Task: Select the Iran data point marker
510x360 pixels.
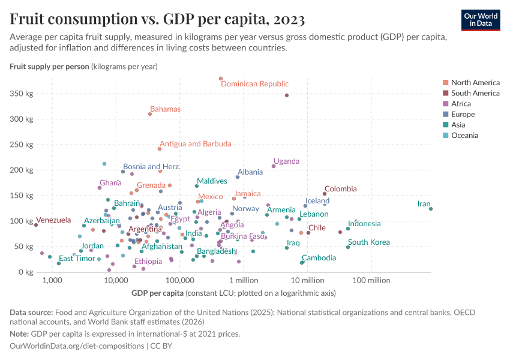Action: tap(431, 209)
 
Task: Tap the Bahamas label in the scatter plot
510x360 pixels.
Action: tap(165, 109)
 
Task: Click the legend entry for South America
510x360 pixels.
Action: tap(475, 93)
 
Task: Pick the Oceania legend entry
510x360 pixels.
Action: tap(464, 136)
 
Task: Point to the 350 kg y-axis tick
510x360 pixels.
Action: tap(21, 94)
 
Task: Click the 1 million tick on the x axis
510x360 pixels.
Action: tap(243, 280)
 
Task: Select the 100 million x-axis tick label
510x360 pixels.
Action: tap(371, 280)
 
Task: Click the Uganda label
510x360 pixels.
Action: tap(286, 161)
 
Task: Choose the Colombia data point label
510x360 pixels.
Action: tap(340, 189)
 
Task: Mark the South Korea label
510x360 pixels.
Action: tap(368, 242)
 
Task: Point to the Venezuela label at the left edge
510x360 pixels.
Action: tap(53, 220)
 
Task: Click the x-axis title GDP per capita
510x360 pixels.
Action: tap(157, 293)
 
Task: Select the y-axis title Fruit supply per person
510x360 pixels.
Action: tap(49, 66)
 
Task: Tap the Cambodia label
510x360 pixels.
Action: tap(319, 258)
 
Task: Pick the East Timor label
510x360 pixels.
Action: tap(77, 259)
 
